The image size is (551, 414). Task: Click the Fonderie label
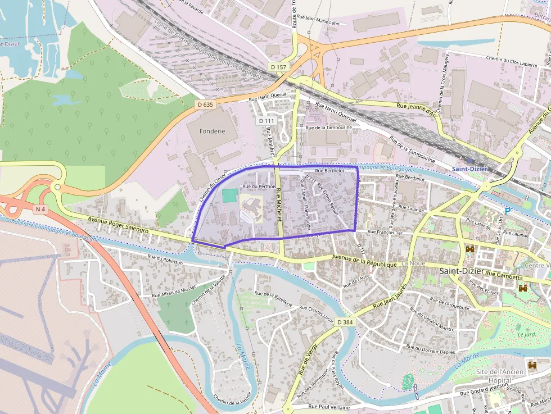coord(211,131)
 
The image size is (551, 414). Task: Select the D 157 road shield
coord(278,67)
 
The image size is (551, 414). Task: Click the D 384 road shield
coord(345,322)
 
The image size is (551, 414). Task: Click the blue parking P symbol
coord(507,211)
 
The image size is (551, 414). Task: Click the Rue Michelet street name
coord(278,204)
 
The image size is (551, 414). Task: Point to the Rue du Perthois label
coord(259,186)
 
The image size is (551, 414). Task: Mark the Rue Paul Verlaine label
coord(329,407)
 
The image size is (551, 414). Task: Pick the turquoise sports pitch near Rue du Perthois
coord(229,196)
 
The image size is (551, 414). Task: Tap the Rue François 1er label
coord(385,231)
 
